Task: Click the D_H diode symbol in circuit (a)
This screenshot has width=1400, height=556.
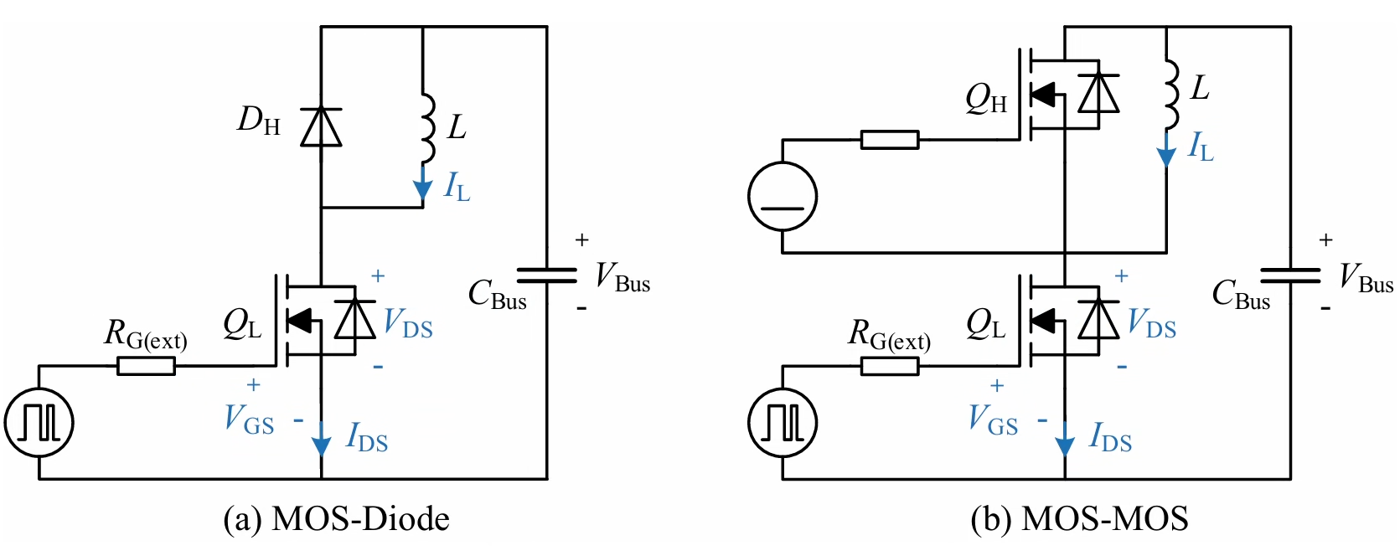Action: click(x=321, y=127)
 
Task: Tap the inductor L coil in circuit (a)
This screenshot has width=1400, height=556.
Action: click(x=427, y=127)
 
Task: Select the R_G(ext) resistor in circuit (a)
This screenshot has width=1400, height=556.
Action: click(x=146, y=366)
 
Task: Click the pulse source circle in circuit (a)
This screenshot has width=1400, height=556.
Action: click(x=39, y=422)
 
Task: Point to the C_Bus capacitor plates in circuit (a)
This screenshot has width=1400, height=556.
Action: click(x=546, y=275)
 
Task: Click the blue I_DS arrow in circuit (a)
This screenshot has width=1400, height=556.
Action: click(x=321, y=437)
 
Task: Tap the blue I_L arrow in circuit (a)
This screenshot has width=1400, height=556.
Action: click(x=423, y=184)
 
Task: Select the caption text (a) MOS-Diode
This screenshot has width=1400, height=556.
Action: click(x=336, y=519)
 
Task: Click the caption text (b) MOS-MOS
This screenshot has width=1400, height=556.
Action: click(x=1079, y=519)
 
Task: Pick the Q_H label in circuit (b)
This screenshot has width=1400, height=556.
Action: click(x=986, y=99)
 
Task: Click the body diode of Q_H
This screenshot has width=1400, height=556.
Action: click(x=1098, y=92)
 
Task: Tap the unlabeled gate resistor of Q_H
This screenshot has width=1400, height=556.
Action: click(x=890, y=140)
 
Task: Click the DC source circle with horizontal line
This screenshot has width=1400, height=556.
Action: click(x=783, y=197)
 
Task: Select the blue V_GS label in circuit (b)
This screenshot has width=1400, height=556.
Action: click(x=993, y=418)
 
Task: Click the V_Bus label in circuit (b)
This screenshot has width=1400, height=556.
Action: click(x=1366, y=277)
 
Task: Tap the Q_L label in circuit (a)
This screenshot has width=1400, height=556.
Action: click(x=242, y=324)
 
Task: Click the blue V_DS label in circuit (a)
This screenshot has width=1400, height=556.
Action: click(x=408, y=322)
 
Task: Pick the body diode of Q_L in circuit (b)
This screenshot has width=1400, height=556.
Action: click(x=1098, y=318)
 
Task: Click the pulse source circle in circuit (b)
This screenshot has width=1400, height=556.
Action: click(x=783, y=422)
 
